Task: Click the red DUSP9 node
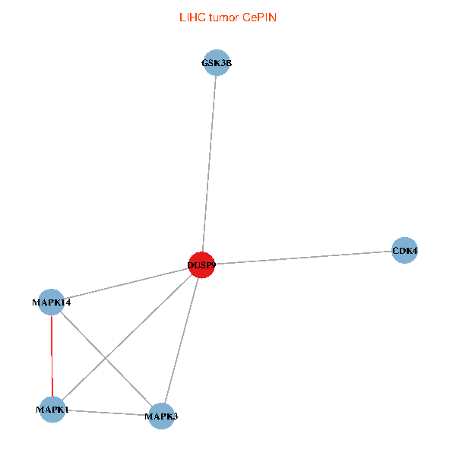point(201,264)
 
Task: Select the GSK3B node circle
point(217,64)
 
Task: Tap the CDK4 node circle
point(404,250)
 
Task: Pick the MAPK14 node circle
point(51,302)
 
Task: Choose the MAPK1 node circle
point(52,410)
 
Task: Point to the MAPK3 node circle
point(161,416)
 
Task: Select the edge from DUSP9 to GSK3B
point(209,164)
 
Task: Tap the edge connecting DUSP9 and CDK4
point(304,257)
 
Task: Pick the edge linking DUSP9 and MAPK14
point(126,283)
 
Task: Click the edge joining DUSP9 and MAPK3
point(182,340)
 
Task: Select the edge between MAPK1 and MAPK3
point(106,413)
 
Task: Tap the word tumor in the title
point(222,17)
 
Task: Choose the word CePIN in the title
point(259,17)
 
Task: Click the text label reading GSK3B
point(217,64)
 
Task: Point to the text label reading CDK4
point(404,250)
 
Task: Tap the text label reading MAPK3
point(161,416)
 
